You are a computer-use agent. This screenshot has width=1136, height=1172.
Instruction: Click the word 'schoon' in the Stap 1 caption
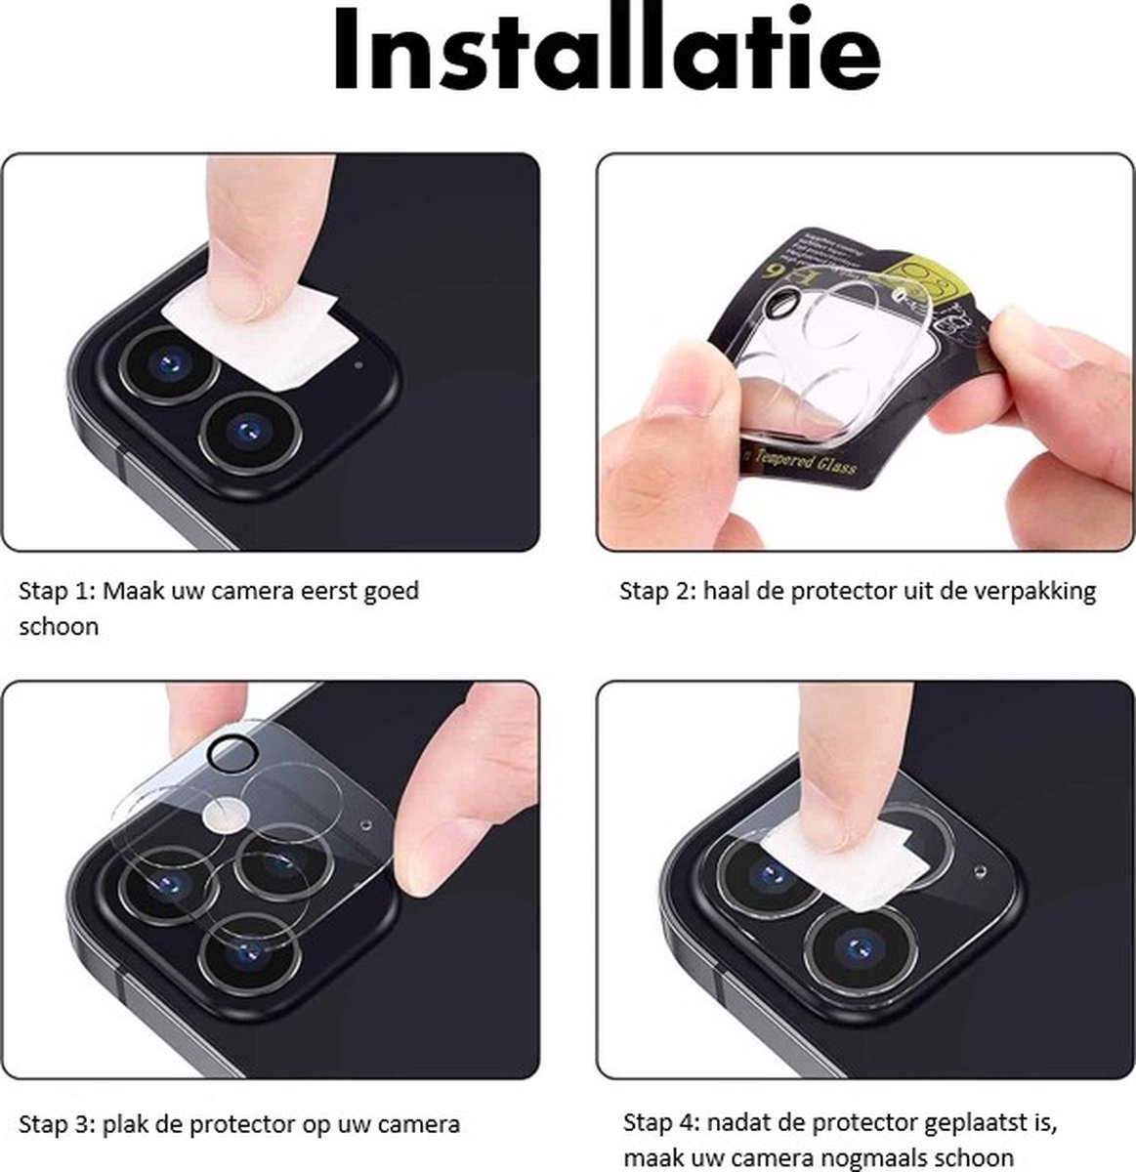(59, 627)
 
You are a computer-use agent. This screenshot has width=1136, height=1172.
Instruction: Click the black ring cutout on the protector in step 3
(232, 751)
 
